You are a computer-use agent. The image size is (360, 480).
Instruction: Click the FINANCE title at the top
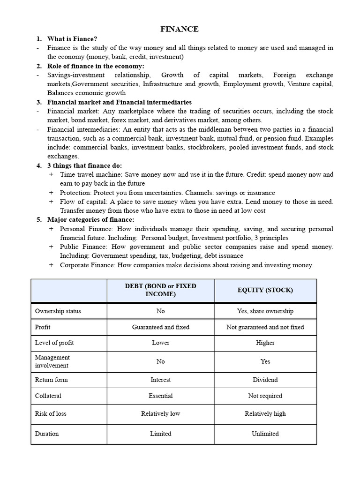click(180, 29)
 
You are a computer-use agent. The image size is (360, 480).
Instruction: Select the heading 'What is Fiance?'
click(72, 39)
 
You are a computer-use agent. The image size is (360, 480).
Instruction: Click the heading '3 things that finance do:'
click(84, 165)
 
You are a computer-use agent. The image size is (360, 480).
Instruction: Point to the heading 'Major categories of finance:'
click(90, 219)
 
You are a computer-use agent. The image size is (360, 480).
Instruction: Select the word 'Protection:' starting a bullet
click(76, 193)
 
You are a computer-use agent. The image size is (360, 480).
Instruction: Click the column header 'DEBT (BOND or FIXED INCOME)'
click(161, 290)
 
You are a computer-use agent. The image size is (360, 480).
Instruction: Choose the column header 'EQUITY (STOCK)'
click(265, 290)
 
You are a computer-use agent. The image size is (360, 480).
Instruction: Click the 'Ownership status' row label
click(58, 311)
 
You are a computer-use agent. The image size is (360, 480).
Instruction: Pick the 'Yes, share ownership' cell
click(265, 311)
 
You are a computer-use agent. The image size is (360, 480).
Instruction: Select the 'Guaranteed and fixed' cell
click(161, 327)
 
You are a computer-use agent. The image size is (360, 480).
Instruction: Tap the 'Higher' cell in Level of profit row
click(265, 343)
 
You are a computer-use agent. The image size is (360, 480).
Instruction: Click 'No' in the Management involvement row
click(161, 361)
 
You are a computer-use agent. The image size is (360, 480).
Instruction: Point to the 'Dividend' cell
click(265, 380)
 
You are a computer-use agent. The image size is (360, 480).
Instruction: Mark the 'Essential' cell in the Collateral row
click(161, 396)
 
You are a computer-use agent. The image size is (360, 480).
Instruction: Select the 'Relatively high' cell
click(265, 413)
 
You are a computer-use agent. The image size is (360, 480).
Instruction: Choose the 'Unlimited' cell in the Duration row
click(265, 434)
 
